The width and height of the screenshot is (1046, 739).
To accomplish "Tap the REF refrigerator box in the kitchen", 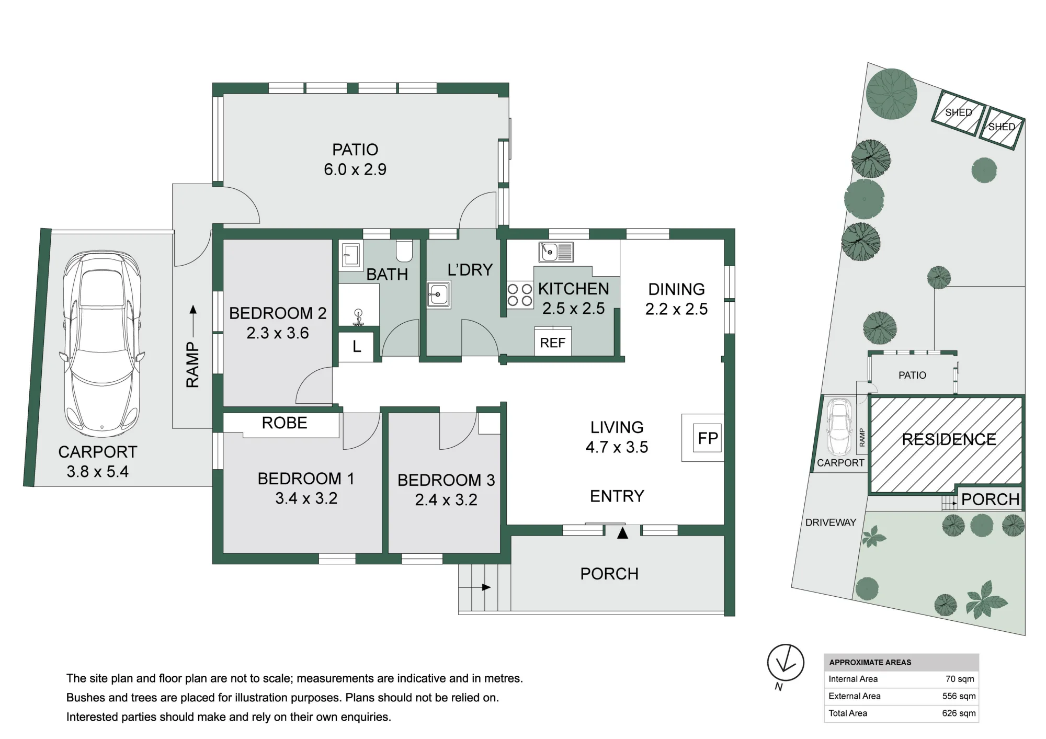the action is (x=553, y=342).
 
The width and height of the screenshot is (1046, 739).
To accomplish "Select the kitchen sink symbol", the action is (x=556, y=252).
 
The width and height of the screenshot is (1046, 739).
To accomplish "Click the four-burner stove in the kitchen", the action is (x=519, y=294).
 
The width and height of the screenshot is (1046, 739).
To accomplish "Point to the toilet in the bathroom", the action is (x=404, y=251).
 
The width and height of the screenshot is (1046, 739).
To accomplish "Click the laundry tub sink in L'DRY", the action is (x=438, y=295).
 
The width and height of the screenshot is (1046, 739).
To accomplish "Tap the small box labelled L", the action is (x=356, y=346).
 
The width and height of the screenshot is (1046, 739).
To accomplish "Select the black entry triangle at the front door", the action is (x=622, y=533).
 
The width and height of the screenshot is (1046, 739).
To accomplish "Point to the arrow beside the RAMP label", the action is (x=194, y=320).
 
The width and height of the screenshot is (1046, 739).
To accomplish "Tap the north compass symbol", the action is (x=785, y=663).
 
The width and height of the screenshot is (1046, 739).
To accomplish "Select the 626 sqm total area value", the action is (x=959, y=713).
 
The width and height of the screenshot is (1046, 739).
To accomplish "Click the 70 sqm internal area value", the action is (x=960, y=679).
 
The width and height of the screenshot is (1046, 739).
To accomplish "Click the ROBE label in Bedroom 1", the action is (x=285, y=423).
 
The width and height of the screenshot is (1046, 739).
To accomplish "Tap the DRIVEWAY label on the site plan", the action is (x=831, y=522).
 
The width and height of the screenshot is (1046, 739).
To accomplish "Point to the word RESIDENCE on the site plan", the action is (x=949, y=439).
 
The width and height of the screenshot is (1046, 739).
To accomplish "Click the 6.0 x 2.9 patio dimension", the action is (x=355, y=169).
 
